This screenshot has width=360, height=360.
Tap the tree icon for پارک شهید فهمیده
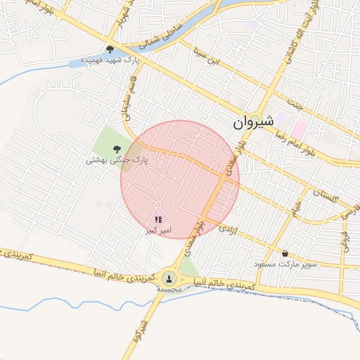[x=110, y=49]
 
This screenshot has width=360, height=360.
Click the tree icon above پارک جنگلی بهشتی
[x=116, y=148]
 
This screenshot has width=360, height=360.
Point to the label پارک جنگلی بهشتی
[x=118, y=160]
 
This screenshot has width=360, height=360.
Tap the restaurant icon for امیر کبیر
[x=157, y=220]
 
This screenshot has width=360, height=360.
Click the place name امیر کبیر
[x=158, y=231]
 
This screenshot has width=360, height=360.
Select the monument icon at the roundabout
[x=169, y=278]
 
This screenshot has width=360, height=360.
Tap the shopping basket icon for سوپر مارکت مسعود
[x=285, y=253]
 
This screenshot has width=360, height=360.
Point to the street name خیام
[x=298, y=208]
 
